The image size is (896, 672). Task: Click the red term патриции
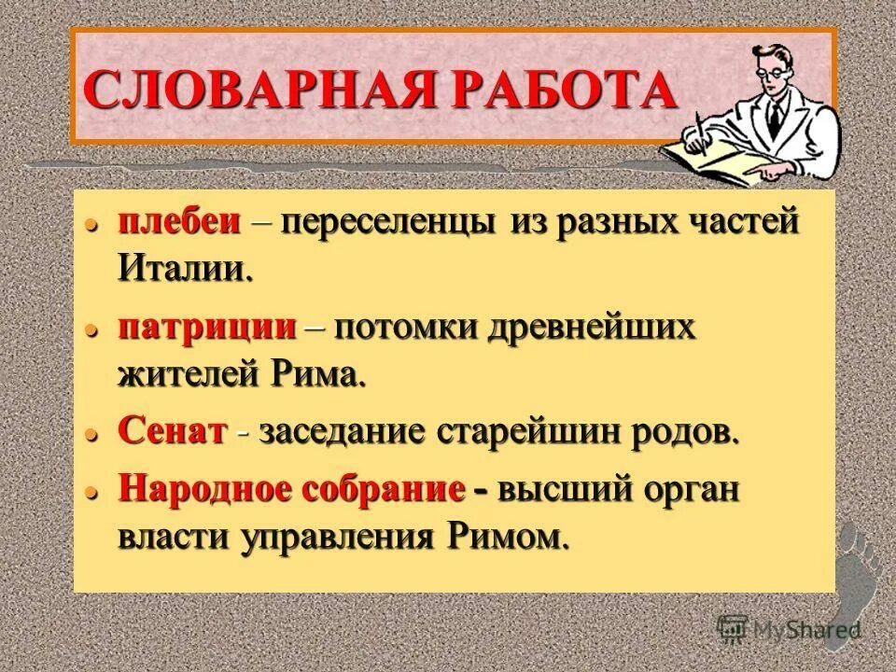[207, 328]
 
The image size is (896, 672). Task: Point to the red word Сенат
[174, 432]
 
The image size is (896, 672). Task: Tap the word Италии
[185, 270]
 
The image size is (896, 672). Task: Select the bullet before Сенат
[91, 435]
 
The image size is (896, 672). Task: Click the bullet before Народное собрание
[91, 493]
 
